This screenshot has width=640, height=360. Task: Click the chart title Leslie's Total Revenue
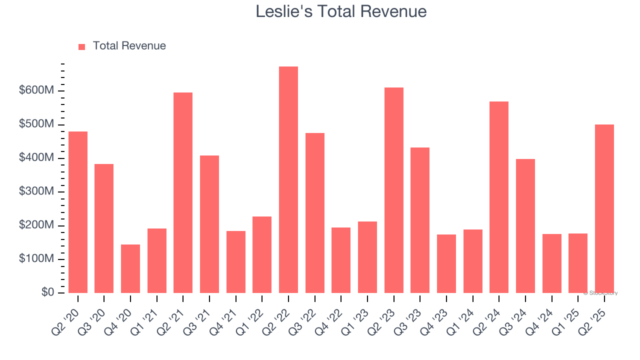[x=341, y=11]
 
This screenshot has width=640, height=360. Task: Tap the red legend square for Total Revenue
[x=82, y=46]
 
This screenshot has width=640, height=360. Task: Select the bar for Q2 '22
[x=288, y=180]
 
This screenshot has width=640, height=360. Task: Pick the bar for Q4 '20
[x=130, y=268]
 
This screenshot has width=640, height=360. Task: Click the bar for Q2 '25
[x=604, y=208]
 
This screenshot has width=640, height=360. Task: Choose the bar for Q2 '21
[x=183, y=192]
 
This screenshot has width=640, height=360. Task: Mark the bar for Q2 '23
[x=394, y=190]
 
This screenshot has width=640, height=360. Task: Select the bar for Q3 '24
[x=525, y=226]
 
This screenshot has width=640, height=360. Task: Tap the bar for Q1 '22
[x=262, y=254]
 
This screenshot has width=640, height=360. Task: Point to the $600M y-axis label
[x=36, y=90]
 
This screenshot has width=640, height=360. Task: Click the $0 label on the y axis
[x=47, y=292]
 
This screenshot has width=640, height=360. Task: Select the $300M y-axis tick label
[x=36, y=191]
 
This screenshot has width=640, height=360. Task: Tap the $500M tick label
[x=36, y=124]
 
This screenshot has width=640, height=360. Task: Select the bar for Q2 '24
[x=499, y=197]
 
